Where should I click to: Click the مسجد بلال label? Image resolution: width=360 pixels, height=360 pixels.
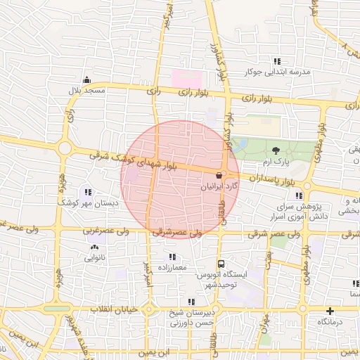[x=86, y=91]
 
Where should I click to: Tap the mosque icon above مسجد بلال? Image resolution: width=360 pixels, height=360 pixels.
[x=86, y=79]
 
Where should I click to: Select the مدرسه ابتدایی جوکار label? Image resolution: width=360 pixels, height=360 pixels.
[x=267, y=72]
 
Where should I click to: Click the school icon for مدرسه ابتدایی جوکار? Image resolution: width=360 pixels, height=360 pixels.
[x=277, y=61]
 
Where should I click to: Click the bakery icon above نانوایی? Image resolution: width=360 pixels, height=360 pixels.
[x=94, y=247]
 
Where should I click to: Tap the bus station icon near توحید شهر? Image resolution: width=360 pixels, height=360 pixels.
[x=221, y=264]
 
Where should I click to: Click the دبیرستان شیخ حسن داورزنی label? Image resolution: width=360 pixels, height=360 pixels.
[x=184, y=318]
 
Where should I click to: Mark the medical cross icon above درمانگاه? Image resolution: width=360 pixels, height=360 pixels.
[x=330, y=310]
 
